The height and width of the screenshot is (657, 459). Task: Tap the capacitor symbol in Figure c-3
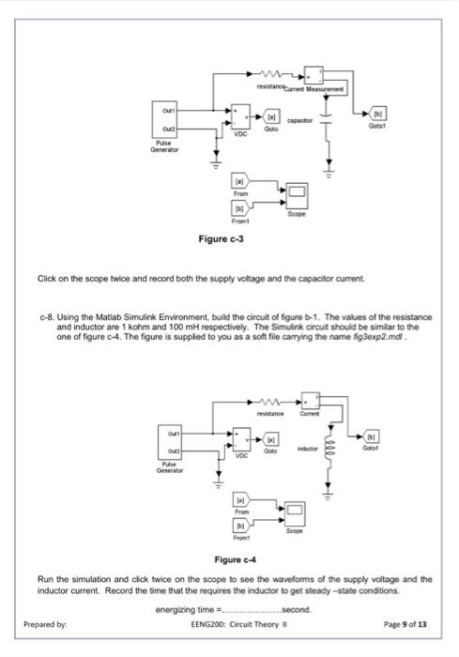pyautogui.click(x=328, y=121)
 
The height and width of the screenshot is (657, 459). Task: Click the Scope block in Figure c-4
pyautogui.click(x=298, y=513)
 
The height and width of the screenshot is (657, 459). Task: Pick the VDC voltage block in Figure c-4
pyautogui.click(x=242, y=439)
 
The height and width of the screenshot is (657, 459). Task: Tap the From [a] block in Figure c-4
pyautogui.click(x=241, y=502)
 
